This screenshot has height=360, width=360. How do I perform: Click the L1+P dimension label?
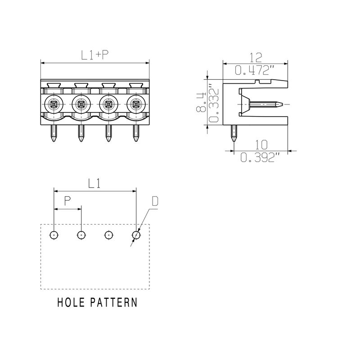point(95,55)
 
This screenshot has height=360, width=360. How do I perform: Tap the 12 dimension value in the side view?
point(256,58)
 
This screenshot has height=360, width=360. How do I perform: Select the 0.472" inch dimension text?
point(255,70)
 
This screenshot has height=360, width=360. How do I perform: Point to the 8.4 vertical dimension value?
point(200,102)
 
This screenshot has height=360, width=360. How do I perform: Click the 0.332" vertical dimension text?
point(214,105)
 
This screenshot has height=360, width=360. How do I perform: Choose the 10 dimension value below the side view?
point(261,144)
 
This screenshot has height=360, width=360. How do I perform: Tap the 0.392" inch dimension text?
point(261,157)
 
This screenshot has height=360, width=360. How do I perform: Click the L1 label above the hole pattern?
point(94,184)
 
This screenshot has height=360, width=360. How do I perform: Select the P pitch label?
point(67,201)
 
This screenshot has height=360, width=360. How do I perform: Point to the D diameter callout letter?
point(155,201)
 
